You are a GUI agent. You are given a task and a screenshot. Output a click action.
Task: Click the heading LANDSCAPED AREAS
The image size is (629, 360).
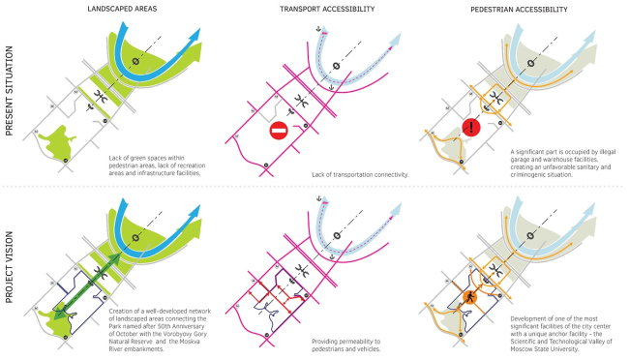tap(122, 9)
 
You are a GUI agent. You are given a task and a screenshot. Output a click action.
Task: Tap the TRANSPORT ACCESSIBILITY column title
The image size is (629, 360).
tap(327, 9)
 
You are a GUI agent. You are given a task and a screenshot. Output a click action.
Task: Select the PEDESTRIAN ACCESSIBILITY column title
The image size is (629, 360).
tap(519, 9)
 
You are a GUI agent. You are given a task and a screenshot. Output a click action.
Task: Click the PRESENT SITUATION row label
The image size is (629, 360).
tap(9, 91)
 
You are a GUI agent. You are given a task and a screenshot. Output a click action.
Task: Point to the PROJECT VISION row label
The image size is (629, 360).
tap(9, 267)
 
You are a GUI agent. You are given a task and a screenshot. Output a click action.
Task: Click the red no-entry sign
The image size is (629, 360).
tap(279, 131)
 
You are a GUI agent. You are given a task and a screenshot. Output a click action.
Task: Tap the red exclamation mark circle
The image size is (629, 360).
tap(471, 127)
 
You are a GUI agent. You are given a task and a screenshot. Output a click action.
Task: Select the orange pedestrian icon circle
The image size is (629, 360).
tap(469, 297)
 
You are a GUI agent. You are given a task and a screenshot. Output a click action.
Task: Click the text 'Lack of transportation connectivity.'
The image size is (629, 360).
tap(360, 175)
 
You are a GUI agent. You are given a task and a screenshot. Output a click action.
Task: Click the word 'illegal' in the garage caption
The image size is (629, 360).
tap(608, 152)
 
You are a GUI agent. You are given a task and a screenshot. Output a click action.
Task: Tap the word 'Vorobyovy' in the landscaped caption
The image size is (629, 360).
tap(165, 334)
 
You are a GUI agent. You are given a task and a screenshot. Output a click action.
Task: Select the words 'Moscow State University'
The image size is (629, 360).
tap(545, 349)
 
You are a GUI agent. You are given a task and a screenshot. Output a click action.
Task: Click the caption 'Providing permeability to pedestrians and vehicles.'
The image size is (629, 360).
tap(346, 345)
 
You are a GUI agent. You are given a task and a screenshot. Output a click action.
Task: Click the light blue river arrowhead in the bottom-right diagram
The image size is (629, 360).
tap(589, 209)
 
